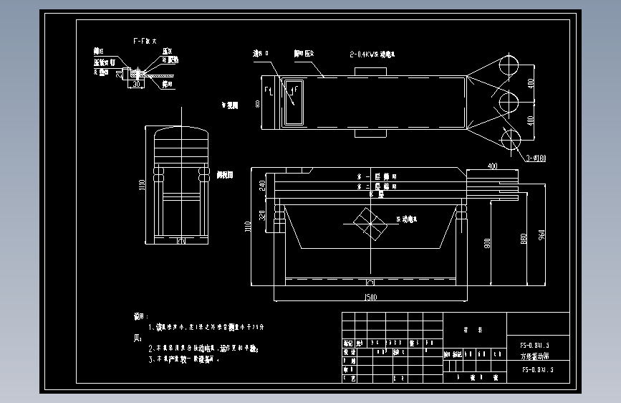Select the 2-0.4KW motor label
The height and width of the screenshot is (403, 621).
(x=372, y=54)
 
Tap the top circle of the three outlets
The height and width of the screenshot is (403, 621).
(x=511, y=65)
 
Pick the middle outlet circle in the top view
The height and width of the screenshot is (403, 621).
(x=509, y=100)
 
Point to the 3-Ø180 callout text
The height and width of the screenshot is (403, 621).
(x=536, y=158)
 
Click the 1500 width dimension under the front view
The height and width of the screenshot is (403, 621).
(x=370, y=296)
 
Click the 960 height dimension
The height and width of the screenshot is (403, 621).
(x=541, y=233)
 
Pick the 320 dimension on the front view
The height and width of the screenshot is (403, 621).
(x=262, y=214)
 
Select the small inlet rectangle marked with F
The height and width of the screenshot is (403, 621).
(x=294, y=102)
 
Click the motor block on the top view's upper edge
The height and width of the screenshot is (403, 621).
(x=370, y=70)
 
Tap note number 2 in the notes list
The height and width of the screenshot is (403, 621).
(x=152, y=348)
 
